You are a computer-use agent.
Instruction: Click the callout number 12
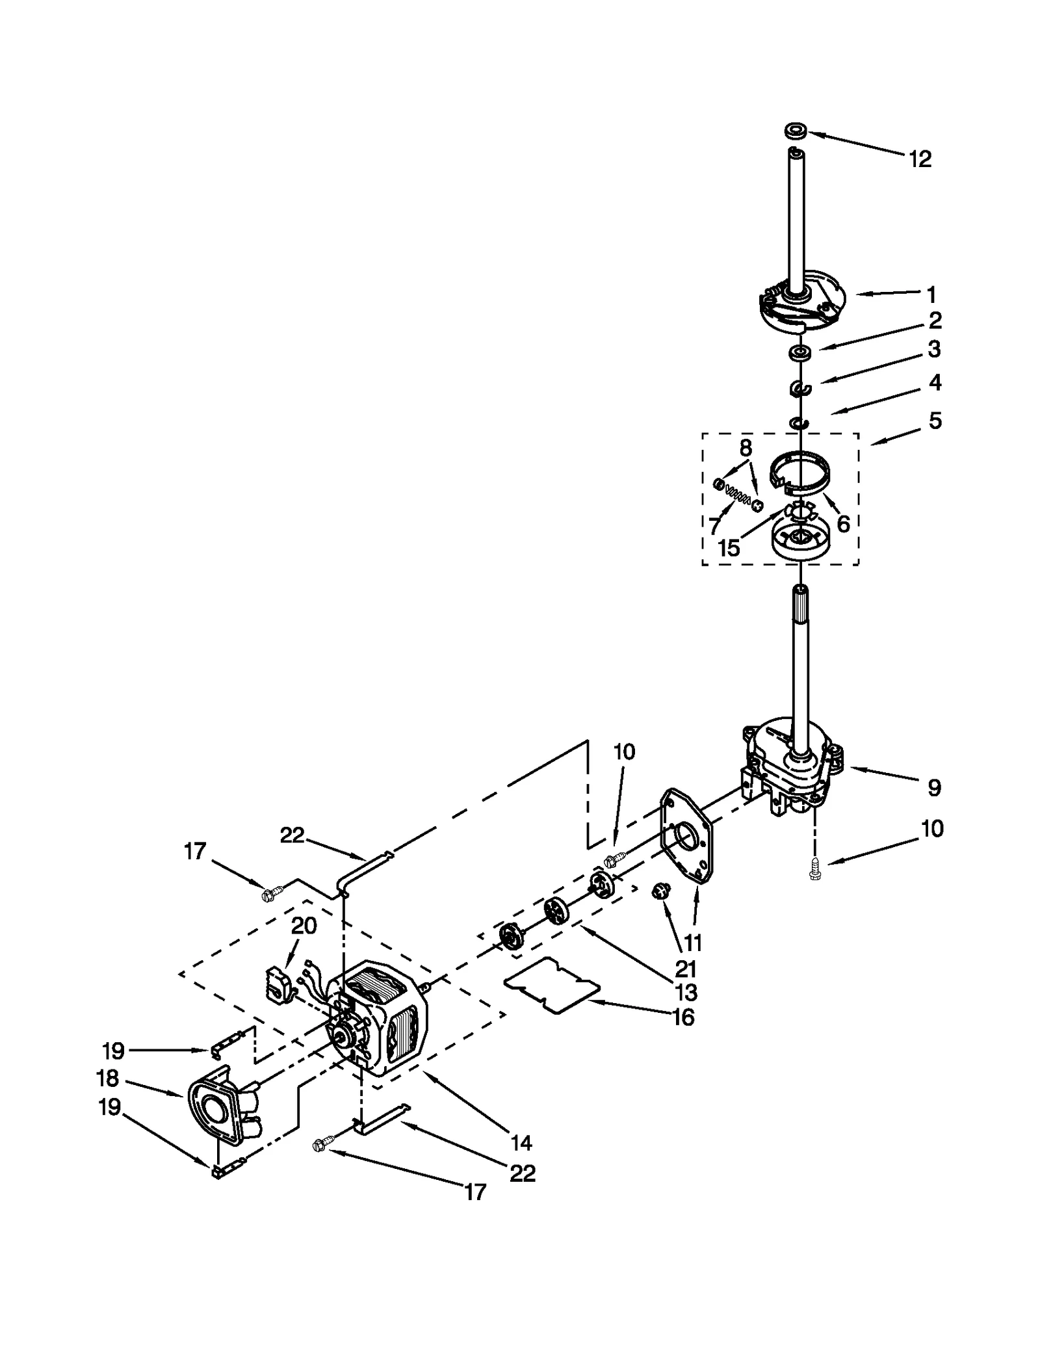point(920,159)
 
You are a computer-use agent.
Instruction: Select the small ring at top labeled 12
point(796,131)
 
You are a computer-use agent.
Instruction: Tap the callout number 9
point(933,788)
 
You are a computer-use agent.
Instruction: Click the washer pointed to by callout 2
point(800,354)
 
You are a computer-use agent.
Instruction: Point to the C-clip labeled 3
point(800,389)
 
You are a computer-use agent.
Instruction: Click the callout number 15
point(729,548)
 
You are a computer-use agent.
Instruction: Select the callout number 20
point(304,926)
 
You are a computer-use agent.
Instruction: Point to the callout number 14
point(521,1142)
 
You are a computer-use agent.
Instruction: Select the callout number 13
point(686,993)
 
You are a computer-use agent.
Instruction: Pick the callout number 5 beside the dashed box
point(934,421)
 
